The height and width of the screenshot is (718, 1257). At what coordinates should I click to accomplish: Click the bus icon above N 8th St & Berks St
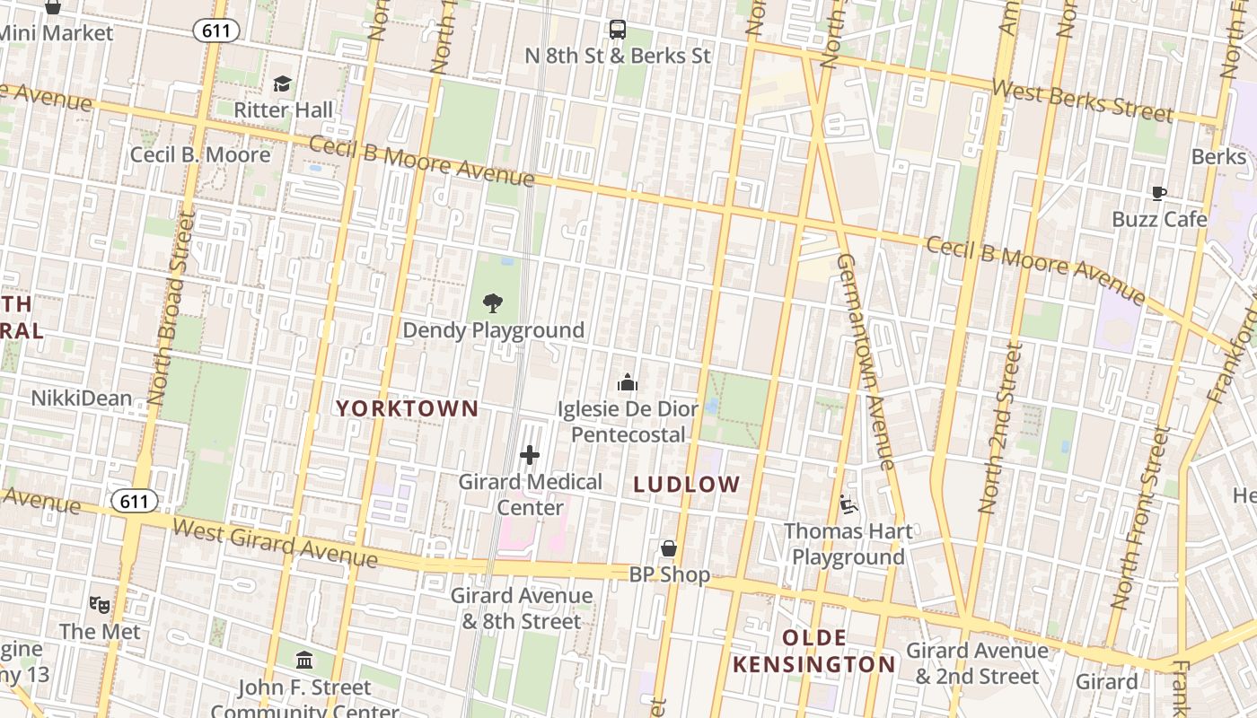pyautogui.click(x=618, y=30)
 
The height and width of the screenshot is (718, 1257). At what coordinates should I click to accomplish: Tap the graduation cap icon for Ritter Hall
pyautogui.click(x=283, y=84)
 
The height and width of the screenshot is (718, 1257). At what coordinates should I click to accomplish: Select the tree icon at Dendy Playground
pyautogui.click(x=492, y=303)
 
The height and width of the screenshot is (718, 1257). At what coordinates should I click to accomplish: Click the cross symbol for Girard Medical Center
pyautogui.click(x=530, y=455)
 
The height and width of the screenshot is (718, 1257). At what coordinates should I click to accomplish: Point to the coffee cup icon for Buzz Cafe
pyautogui.click(x=1158, y=193)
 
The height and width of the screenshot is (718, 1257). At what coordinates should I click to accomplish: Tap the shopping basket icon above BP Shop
pyautogui.click(x=669, y=548)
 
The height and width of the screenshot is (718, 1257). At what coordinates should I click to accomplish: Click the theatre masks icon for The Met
pyautogui.click(x=100, y=605)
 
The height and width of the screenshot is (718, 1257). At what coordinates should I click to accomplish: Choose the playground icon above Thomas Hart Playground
pyautogui.click(x=848, y=505)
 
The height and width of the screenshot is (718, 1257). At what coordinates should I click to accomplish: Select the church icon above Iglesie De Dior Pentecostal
pyautogui.click(x=627, y=383)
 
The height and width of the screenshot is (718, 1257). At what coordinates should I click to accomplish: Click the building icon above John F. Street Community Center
pyautogui.click(x=304, y=661)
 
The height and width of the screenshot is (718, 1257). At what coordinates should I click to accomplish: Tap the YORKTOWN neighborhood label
pyautogui.click(x=407, y=408)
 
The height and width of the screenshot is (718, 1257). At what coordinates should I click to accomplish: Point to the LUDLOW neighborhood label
pyautogui.click(x=687, y=485)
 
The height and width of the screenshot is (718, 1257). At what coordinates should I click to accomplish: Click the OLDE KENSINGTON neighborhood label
pyautogui.click(x=814, y=652)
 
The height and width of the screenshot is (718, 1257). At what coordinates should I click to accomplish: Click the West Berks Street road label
pyautogui.click(x=1082, y=101)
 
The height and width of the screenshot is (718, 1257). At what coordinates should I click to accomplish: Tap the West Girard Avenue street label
pyautogui.click(x=275, y=542)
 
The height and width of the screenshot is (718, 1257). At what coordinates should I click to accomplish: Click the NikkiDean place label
pyautogui.click(x=82, y=398)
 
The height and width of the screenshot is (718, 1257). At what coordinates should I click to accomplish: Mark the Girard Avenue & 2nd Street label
pyautogui.click(x=977, y=663)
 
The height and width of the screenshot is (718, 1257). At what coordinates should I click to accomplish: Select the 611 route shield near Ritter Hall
pyautogui.click(x=215, y=31)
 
